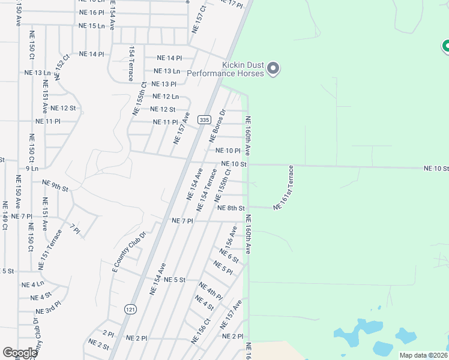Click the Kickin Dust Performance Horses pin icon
(273, 68)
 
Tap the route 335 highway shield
(205, 119)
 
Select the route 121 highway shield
(129, 308)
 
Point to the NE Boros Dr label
(217, 125)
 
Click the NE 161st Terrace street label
(285, 188)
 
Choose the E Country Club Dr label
(129, 251)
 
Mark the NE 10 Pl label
(228, 151)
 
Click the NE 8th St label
(231, 208)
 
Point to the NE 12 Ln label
(166, 97)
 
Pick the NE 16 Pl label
(92, 12)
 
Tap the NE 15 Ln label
(92, 26)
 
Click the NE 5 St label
(175, 280)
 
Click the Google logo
(20, 353)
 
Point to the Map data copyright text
(423, 355)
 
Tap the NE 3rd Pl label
(48, 310)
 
